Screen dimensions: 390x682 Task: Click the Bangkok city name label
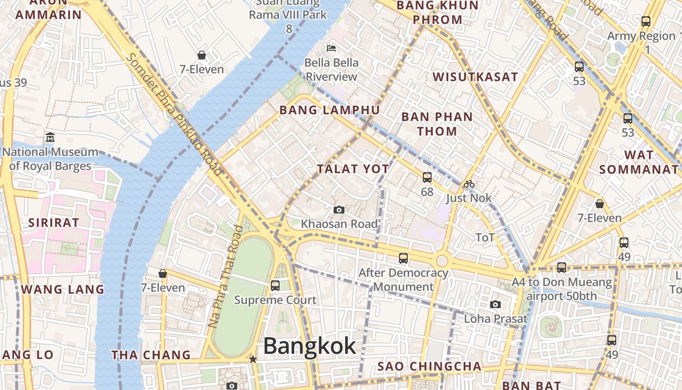[x=309, y=347]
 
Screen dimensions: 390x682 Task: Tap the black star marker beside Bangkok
[x=253, y=359]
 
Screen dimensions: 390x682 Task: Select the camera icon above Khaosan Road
[x=339, y=210]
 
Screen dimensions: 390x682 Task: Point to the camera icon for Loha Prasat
[x=495, y=304]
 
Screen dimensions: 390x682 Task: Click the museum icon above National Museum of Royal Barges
[x=50, y=137]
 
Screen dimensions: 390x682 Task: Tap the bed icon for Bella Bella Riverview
[x=331, y=48]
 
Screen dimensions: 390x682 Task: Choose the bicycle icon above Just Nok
[x=469, y=184]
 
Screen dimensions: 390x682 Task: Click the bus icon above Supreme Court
[x=275, y=285]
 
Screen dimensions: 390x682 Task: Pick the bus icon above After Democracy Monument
[x=403, y=258]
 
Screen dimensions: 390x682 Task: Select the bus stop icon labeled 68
[x=427, y=177]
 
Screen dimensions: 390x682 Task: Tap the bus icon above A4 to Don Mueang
[x=562, y=267]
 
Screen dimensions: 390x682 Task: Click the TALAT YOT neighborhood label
[x=353, y=169]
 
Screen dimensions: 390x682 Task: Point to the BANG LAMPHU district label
[x=329, y=110]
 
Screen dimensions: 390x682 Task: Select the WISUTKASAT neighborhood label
[x=475, y=77]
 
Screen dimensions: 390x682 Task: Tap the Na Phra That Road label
[x=225, y=276]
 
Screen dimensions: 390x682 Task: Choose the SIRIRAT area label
[x=54, y=223]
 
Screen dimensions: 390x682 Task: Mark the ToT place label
[x=485, y=237]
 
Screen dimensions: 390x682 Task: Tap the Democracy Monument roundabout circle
[x=442, y=261]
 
